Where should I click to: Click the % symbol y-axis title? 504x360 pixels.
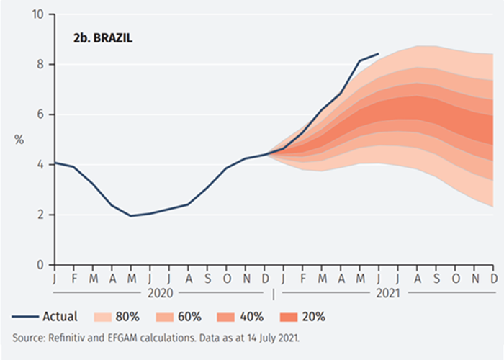coord(19,139)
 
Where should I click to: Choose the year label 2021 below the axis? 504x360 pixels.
coord(387,293)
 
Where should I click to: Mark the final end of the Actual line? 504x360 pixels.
coord(379,53)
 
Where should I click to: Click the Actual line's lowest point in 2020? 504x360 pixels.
coord(130,216)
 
